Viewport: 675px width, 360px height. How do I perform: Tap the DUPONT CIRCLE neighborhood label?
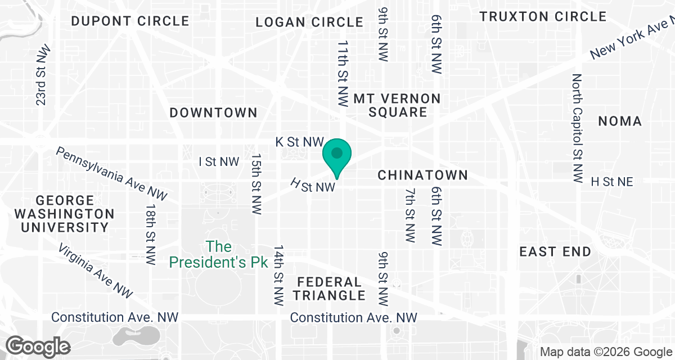(x=130, y=21)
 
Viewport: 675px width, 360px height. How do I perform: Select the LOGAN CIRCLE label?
(x=309, y=22)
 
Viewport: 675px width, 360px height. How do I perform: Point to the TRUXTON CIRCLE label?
(x=543, y=16)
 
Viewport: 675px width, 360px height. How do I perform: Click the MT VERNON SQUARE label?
(x=397, y=105)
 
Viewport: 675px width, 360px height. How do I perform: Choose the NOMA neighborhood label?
(x=620, y=121)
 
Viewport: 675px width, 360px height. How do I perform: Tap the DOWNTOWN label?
(x=214, y=112)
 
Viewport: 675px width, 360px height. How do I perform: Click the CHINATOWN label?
(x=422, y=175)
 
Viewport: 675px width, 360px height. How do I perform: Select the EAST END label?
(x=555, y=251)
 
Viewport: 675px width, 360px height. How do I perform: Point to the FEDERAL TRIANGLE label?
(x=331, y=288)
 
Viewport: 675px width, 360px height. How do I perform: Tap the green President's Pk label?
(x=218, y=254)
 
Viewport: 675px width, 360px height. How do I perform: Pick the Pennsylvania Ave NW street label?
(x=111, y=173)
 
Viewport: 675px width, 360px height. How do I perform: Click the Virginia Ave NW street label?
(x=95, y=271)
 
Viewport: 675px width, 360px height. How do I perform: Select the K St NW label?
(x=300, y=142)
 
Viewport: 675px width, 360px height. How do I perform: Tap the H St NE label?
(x=612, y=182)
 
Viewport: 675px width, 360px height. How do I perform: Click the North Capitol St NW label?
(x=577, y=128)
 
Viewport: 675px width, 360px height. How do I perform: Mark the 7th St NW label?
(x=410, y=216)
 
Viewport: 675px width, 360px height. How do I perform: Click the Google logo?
(x=39, y=345)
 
